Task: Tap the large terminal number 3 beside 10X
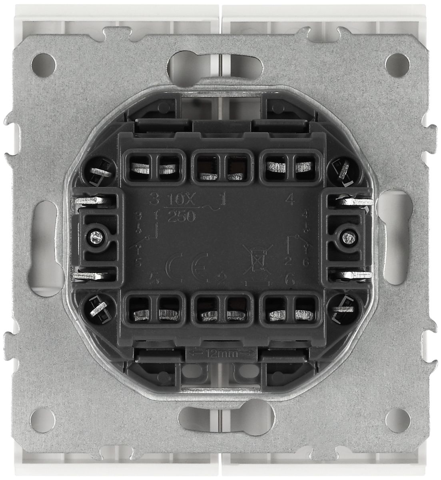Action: point(152,198)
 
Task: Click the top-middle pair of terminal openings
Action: point(220,165)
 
